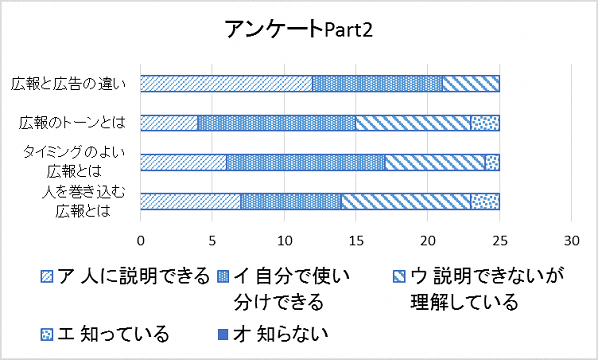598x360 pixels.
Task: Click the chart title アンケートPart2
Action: pos(299,31)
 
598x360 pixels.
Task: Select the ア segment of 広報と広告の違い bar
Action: pos(226,84)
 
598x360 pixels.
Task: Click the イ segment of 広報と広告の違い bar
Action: pos(377,84)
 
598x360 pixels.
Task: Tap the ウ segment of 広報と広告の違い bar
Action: pos(470,84)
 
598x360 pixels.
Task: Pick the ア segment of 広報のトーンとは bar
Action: pos(169,123)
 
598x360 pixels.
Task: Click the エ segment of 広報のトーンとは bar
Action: pos(484,123)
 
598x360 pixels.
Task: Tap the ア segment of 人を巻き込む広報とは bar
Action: pos(190,201)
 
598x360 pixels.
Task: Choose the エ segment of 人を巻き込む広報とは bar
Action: pos(484,201)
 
